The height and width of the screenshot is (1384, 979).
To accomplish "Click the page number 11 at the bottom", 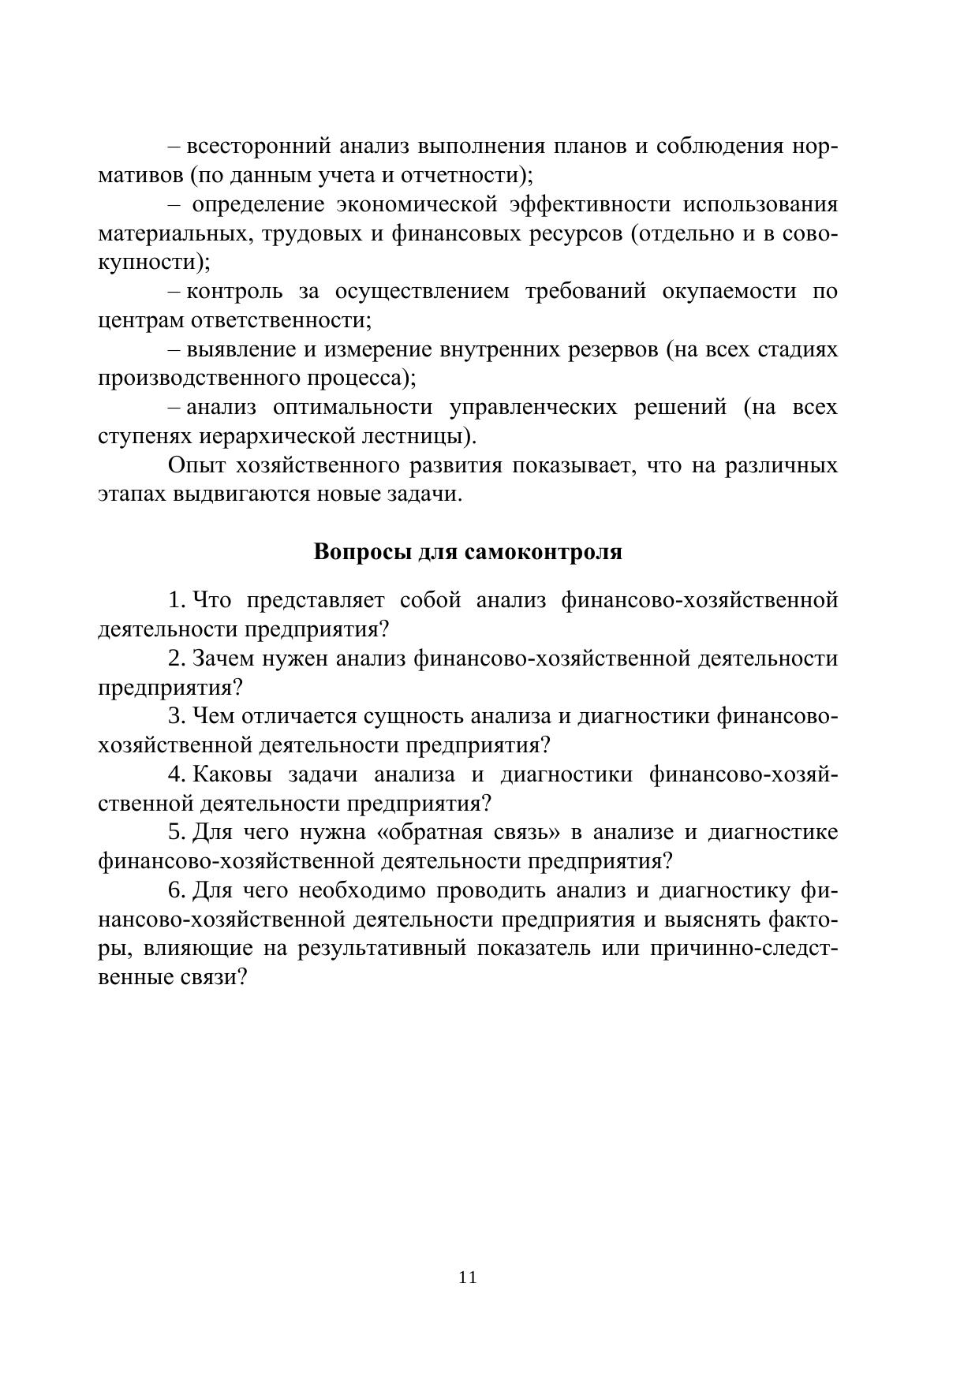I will (467, 1278).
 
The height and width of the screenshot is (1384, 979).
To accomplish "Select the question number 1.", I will (175, 600).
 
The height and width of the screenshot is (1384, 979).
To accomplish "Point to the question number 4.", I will (175, 774).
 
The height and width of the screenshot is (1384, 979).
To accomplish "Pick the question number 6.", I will (175, 890).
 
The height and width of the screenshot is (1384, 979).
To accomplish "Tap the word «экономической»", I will (416, 205).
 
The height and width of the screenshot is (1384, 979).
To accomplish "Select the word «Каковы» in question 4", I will (232, 774).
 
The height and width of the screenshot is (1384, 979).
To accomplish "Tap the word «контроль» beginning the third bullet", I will (234, 292).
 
